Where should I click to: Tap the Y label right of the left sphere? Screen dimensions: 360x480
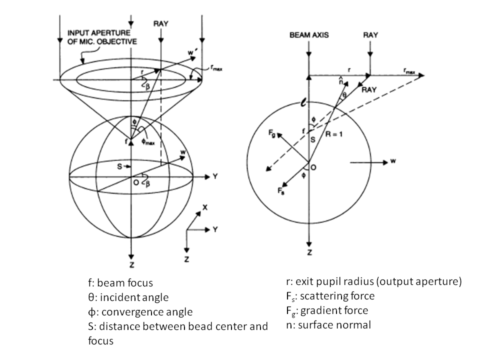click(214, 176)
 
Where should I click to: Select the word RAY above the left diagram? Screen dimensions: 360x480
click(160, 23)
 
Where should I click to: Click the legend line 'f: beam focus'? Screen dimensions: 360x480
click(120, 283)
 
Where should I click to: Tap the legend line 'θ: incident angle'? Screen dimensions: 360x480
click(127, 297)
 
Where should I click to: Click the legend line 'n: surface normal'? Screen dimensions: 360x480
click(325, 325)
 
